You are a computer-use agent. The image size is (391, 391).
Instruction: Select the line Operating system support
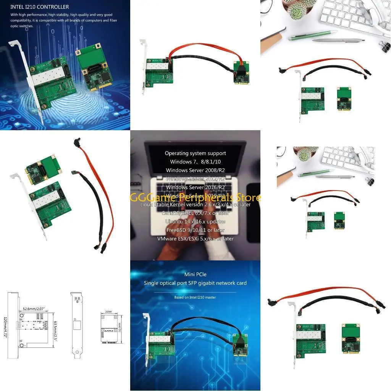[x=195, y=153]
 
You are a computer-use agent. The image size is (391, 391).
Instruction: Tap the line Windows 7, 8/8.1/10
[x=195, y=162]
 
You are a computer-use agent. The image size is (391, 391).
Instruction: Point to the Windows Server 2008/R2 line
[x=195, y=170]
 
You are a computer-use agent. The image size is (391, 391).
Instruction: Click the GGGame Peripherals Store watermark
[x=195, y=197]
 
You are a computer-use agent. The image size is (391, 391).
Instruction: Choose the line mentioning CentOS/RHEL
[x=195, y=213]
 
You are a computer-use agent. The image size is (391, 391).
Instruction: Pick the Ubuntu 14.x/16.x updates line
[x=195, y=221]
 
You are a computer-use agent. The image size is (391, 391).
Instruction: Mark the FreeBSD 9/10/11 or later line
[x=195, y=230]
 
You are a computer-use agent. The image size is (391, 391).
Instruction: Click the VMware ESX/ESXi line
[x=195, y=239]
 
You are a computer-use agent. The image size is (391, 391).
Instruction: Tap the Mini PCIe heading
[x=195, y=274]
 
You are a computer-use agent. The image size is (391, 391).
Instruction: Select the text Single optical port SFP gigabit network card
[x=195, y=283]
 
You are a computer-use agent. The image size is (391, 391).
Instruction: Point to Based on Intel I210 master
[x=195, y=297]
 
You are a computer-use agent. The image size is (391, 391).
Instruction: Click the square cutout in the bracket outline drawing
[x=77, y=326]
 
